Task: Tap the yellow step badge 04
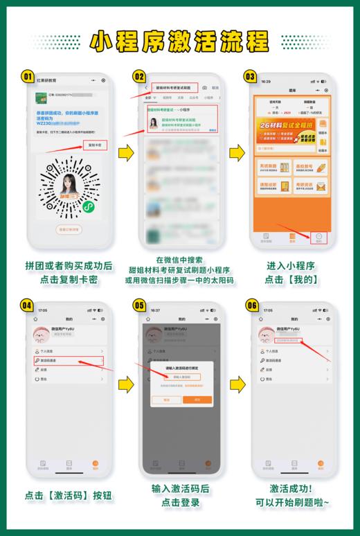[x=28, y=305]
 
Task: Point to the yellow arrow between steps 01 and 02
[x=125, y=153]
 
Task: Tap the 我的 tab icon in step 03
[x=319, y=236]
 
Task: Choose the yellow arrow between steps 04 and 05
[x=125, y=383]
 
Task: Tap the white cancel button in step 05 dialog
[x=165, y=400]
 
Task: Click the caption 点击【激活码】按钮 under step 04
[x=69, y=495]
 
